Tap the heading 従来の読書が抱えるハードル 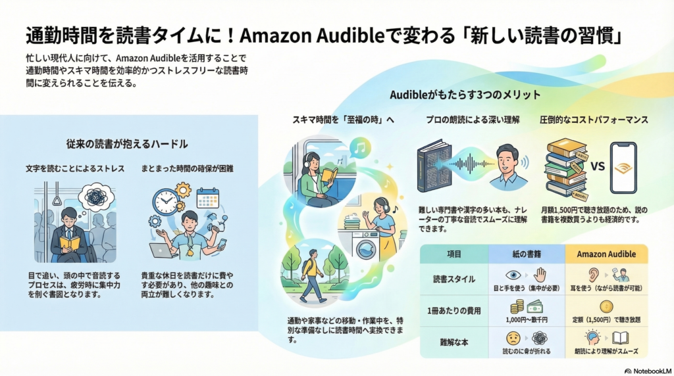coord(127,143)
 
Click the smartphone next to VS coord(623,168)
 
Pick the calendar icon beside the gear coord(207,198)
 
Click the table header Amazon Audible coord(606,254)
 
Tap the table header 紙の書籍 coord(526,254)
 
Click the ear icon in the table coord(591,275)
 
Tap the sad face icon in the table coord(513,338)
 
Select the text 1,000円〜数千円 coord(527,319)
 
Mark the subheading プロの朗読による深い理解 coord(472,120)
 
